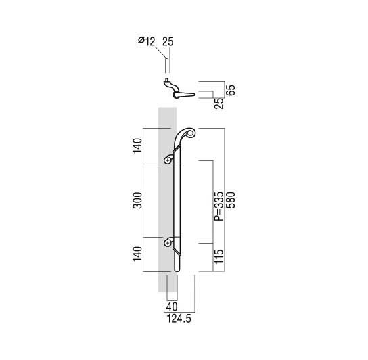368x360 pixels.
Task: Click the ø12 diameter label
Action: pos(147,41)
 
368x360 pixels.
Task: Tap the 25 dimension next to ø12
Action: pos(168,41)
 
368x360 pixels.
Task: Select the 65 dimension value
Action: pos(231,90)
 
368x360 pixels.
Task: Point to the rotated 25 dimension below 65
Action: pos(218,104)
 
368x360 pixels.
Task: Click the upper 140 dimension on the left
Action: pos(138,146)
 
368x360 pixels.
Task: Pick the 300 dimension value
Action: pos(138,200)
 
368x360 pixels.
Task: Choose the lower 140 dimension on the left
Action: pos(138,254)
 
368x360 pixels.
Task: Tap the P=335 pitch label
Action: pos(218,206)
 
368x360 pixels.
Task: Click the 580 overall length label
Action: pos(231,200)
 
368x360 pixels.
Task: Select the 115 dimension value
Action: pos(218,256)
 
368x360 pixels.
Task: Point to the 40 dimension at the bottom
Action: pos(172,307)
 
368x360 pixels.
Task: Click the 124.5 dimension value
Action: pos(179,319)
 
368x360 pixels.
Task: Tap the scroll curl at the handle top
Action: pos(191,133)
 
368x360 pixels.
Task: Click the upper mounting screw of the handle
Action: pos(168,160)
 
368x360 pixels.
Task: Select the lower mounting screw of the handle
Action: pos(168,242)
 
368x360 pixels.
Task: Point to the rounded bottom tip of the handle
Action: pos(177,270)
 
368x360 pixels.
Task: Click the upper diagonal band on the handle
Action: pos(177,149)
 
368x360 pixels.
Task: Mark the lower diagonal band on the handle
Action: pos(177,252)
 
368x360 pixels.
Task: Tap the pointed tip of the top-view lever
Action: pos(194,95)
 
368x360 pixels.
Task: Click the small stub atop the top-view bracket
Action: pos(166,80)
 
